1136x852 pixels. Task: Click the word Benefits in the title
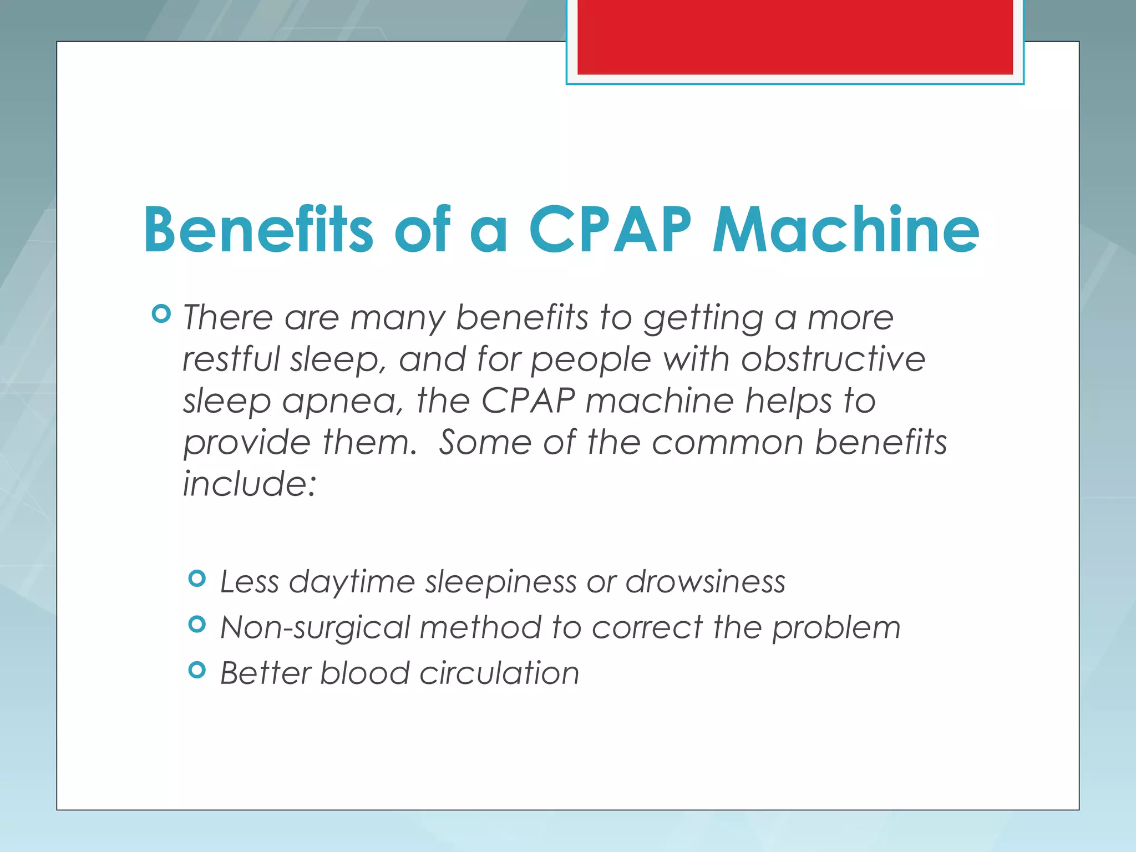[x=258, y=230]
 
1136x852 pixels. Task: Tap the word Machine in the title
[x=845, y=230]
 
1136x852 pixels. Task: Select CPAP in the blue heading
[x=610, y=230]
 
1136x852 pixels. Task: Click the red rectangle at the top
[x=795, y=37]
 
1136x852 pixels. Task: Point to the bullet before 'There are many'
[x=161, y=314]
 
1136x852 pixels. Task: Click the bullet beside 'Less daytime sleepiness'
[x=197, y=579]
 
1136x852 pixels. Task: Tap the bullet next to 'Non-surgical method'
[x=197, y=625]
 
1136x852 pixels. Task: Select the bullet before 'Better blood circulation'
[x=197, y=670]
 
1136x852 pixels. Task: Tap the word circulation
[x=499, y=673]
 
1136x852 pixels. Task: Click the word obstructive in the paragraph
[x=833, y=359]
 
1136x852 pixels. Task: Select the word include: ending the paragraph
[x=250, y=483]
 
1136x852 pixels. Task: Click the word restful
[x=231, y=359]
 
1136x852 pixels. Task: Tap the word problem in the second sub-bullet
[x=836, y=628]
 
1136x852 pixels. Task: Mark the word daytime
[x=352, y=582]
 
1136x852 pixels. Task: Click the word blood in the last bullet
[x=364, y=673]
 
